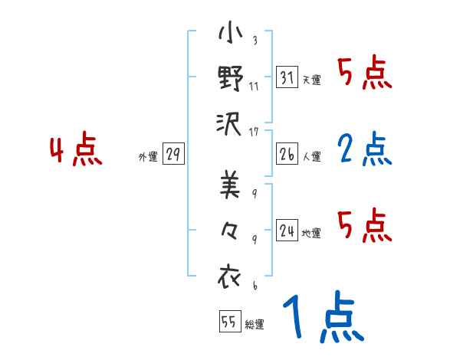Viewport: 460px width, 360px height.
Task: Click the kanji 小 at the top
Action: coord(231,35)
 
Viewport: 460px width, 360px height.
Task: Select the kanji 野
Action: coord(231,78)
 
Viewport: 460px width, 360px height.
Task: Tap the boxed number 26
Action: coord(287,154)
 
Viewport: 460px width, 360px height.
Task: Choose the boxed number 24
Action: coord(287,230)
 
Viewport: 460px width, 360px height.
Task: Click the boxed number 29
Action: coord(172,154)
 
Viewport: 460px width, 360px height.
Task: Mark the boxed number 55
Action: coord(228,322)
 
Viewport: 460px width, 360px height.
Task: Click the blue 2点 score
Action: coord(365,149)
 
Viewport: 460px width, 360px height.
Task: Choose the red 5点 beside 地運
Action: coord(365,225)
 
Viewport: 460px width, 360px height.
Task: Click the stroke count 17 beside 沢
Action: coord(255,132)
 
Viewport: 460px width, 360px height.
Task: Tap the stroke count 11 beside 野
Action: coord(254,87)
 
